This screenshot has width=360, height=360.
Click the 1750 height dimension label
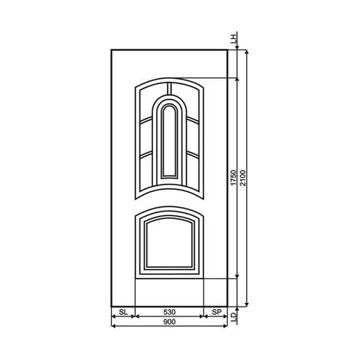coord(233,178)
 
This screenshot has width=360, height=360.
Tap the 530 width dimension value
coord(169,310)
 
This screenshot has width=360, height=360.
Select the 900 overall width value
coord(169,322)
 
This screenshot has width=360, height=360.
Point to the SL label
coord(122,310)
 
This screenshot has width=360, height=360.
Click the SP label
coord(215,310)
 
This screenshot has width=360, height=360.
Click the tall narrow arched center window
coord(169,142)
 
